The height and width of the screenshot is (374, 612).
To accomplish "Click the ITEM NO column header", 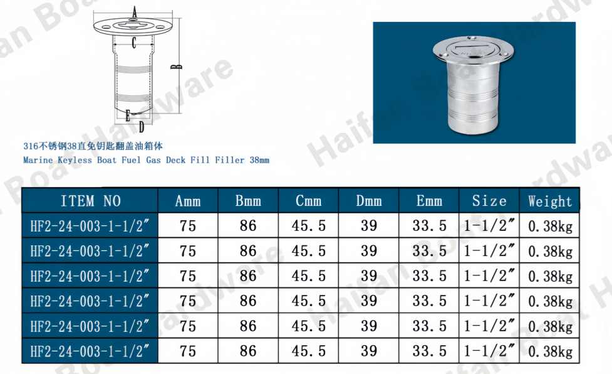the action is point(91,201).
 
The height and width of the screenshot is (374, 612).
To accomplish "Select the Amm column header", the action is point(188,201).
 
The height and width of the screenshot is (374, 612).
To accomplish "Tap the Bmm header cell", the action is point(248,201).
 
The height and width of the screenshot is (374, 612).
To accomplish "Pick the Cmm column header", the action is point(308,201).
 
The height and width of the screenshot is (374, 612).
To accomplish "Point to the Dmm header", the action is point(369,201).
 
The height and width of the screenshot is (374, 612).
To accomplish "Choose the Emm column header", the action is point(429,201).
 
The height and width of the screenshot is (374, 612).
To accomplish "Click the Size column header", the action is point(489,201).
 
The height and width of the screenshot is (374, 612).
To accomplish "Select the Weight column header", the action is point(549,201).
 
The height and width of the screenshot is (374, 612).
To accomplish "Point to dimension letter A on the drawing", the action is point(135,12).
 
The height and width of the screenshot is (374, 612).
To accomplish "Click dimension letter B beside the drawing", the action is point(177,67).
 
